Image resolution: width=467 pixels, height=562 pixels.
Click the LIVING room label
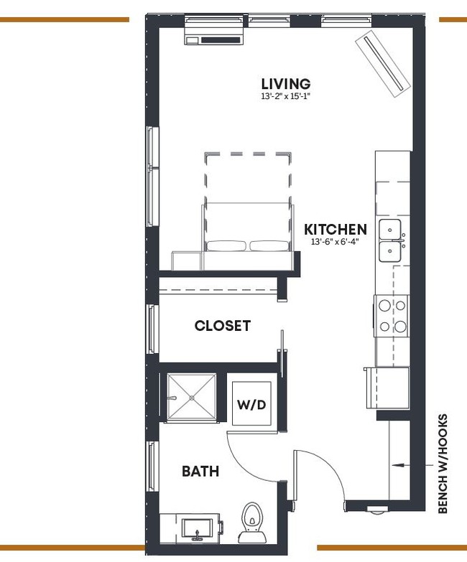coord(286,83)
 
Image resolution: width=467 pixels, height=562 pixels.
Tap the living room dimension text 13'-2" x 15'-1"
coord(286,96)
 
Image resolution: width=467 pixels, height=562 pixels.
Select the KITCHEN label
coord(336,230)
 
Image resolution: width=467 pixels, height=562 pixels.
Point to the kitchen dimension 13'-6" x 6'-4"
coord(336,242)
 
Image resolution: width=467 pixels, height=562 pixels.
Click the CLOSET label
coord(222,326)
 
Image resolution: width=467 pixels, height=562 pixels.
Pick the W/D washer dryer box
coord(251,405)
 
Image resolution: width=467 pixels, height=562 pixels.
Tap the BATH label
coord(200,472)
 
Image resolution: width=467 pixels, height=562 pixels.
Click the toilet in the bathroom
coord(251,520)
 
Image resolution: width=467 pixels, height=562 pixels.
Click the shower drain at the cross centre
coord(193,397)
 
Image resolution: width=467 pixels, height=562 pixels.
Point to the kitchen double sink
coord(390,240)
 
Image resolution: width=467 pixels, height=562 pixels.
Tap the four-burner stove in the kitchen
coord(390,316)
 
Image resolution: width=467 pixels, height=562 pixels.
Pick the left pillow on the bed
coord(226,245)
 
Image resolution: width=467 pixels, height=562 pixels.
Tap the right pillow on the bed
coord(270,245)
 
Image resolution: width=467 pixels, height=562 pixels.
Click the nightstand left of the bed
coord(185,259)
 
